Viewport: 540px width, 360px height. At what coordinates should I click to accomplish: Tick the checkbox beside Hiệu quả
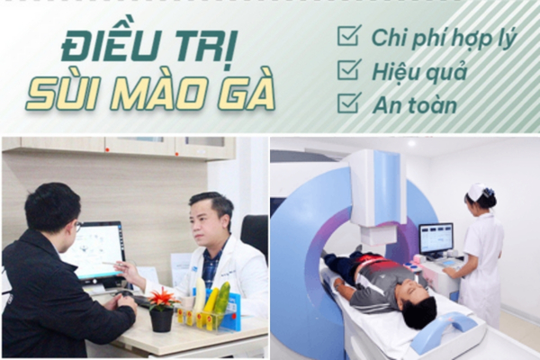point(349,69)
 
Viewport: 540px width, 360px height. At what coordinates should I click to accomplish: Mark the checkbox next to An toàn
point(349,103)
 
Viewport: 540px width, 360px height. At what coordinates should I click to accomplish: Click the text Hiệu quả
point(419,72)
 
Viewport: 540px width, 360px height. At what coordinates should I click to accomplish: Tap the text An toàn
point(415,104)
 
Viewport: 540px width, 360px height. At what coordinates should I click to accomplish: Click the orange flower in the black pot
point(162,298)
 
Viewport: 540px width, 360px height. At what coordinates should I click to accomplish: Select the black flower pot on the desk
point(161,320)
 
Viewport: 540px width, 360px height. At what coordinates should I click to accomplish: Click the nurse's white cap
point(479,190)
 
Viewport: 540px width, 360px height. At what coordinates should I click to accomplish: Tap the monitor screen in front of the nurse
point(436,238)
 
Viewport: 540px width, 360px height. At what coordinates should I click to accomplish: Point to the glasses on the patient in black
point(78,226)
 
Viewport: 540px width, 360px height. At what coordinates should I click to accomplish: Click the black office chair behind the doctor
point(255,235)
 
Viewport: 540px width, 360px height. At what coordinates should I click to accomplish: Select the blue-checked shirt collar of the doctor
point(212,254)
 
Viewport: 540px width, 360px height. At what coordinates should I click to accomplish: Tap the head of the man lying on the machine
point(418,305)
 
